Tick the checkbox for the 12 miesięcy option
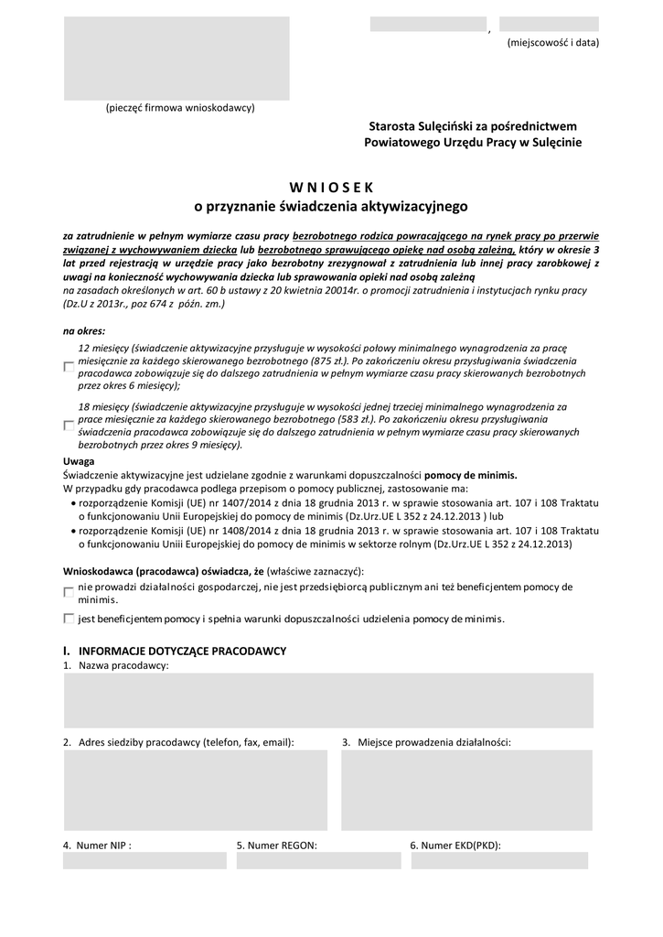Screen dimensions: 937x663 [69, 367]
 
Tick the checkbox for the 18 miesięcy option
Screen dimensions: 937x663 [69, 425]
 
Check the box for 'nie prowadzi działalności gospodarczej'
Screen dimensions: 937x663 [69, 592]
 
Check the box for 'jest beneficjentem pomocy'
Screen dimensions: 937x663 [69, 619]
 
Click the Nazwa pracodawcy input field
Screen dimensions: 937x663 [328, 701]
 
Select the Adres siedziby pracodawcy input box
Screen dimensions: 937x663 [195, 790]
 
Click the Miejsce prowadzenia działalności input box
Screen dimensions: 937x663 [466, 790]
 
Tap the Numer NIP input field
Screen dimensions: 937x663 [144, 861]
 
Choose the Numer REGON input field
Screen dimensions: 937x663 [317, 861]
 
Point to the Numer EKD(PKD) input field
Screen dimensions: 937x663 [498, 861]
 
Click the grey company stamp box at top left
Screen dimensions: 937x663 [176, 58]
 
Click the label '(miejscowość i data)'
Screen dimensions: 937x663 [553, 43]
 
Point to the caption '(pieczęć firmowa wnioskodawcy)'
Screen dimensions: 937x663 [180, 108]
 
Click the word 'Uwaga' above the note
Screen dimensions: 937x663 [79, 461]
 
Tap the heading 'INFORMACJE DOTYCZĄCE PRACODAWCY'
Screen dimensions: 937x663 [183, 651]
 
